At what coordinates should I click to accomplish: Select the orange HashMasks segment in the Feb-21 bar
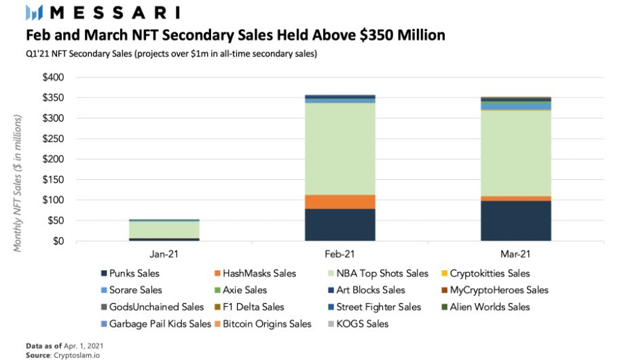click(340, 202)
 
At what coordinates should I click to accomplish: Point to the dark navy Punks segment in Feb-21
click(340, 225)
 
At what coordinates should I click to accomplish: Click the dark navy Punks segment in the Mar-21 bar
click(516, 221)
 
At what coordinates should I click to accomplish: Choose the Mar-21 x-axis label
click(516, 255)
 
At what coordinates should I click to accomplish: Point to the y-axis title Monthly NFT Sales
click(18, 183)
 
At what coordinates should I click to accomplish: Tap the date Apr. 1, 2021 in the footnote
click(84, 345)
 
